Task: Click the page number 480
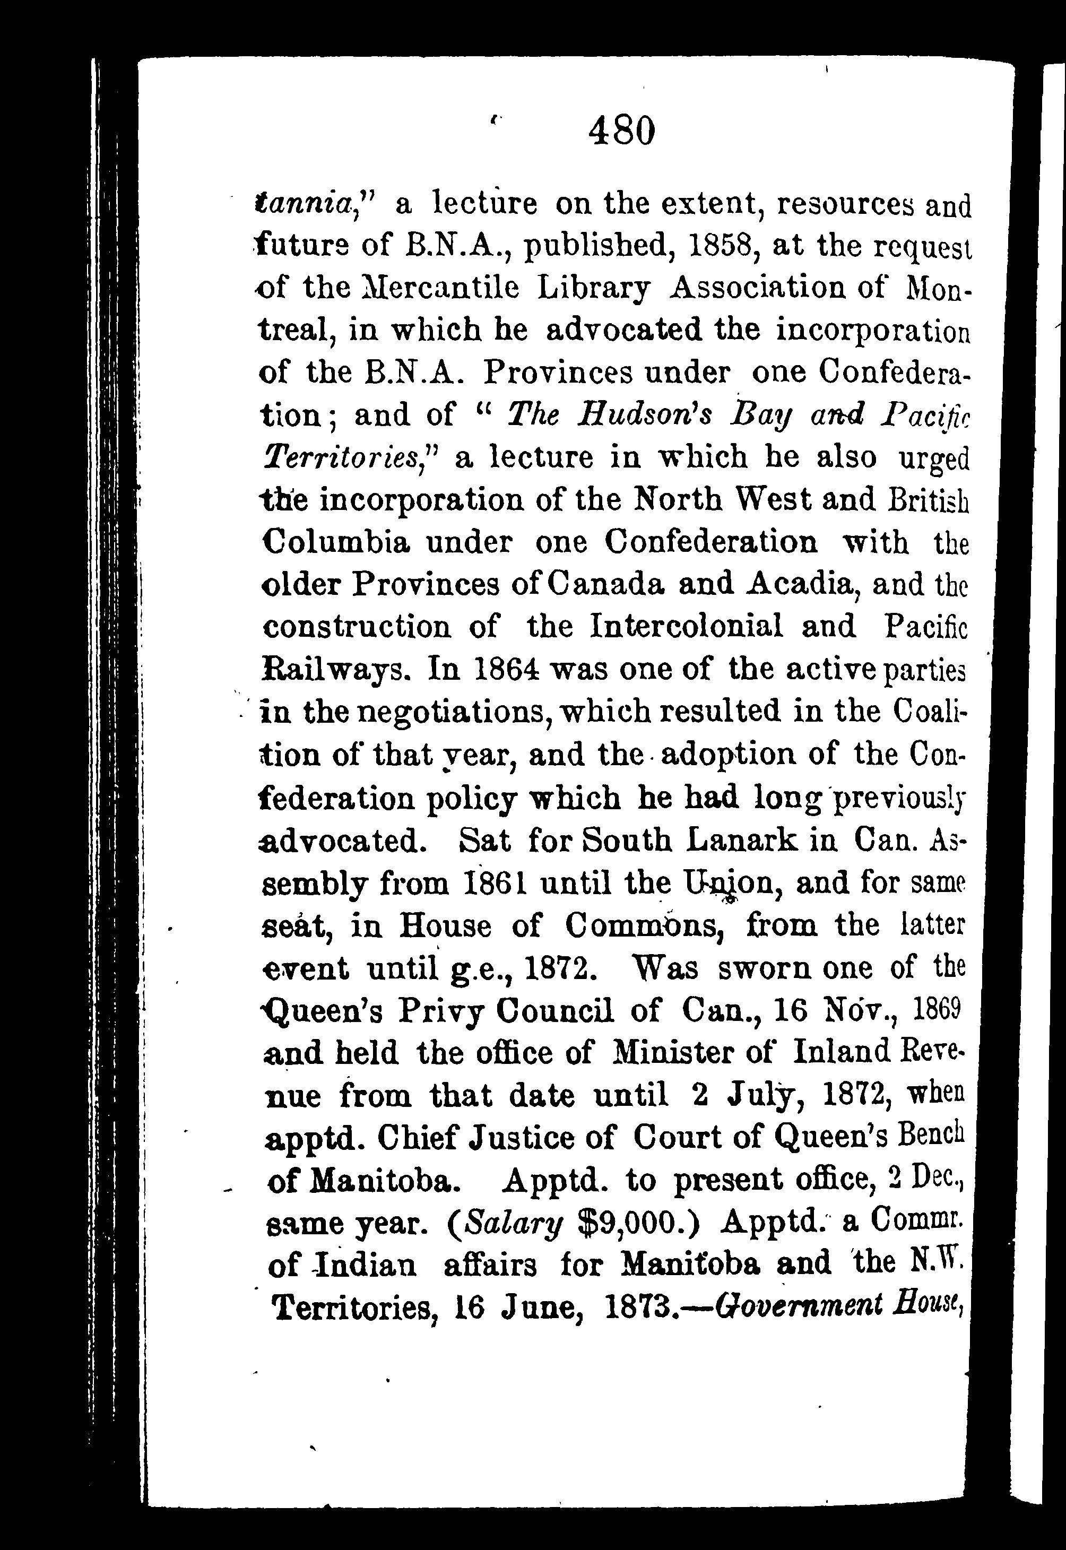[x=621, y=132]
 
